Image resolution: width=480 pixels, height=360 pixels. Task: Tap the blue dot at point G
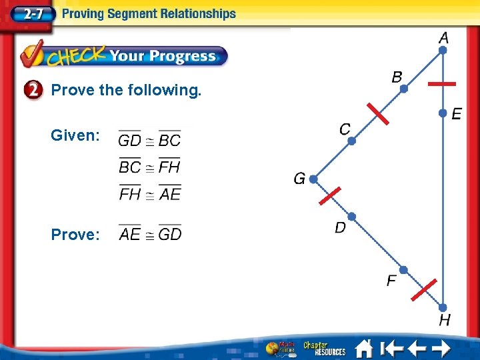(x=313, y=179)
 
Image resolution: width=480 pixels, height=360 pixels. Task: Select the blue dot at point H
(x=443, y=307)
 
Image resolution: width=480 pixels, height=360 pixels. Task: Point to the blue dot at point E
(x=443, y=114)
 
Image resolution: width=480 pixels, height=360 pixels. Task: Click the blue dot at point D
(x=351, y=216)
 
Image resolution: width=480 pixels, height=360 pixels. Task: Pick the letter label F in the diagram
(x=392, y=281)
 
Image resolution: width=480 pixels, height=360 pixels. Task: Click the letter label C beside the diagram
(x=345, y=129)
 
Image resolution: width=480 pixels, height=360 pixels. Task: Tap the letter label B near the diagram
(x=397, y=77)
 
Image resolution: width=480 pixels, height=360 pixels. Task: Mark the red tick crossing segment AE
(x=441, y=85)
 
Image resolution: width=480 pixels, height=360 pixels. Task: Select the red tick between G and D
(x=329, y=197)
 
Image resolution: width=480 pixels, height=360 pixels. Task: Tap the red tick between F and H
(x=423, y=290)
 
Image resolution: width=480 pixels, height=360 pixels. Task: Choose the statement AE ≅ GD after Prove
(x=150, y=234)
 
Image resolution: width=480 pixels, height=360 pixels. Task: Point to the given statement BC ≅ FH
(x=150, y=167)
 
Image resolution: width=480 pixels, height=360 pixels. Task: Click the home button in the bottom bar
(x=363, y=349)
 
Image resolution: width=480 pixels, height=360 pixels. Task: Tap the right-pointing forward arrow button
(x=440, y=349)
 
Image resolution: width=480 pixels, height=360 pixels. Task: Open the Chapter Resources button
(x=324, y=349)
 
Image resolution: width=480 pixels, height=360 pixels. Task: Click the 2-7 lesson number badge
(x=27, y=13)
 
